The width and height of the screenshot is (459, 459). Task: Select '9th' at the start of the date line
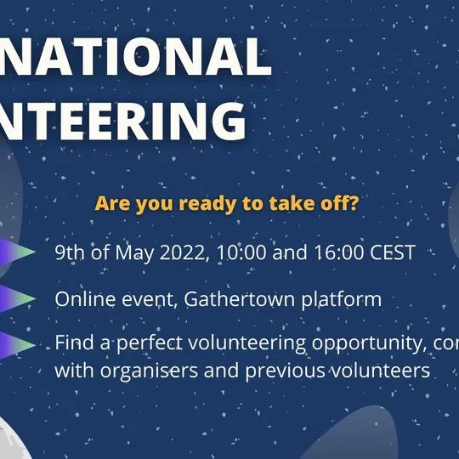coord(71,253)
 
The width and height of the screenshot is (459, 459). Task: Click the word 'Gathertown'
coord(253,300)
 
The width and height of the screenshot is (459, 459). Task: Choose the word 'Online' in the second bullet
coord(82,300)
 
